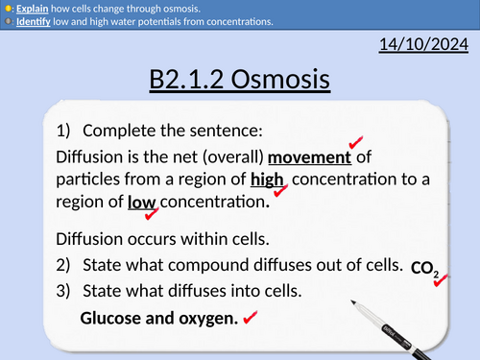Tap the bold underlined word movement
pyautogui.click(x=312, y=156)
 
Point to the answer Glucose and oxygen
pyautogui.click(x=158, y=316)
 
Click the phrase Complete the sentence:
pyautogui.click(x=171, y=132)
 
